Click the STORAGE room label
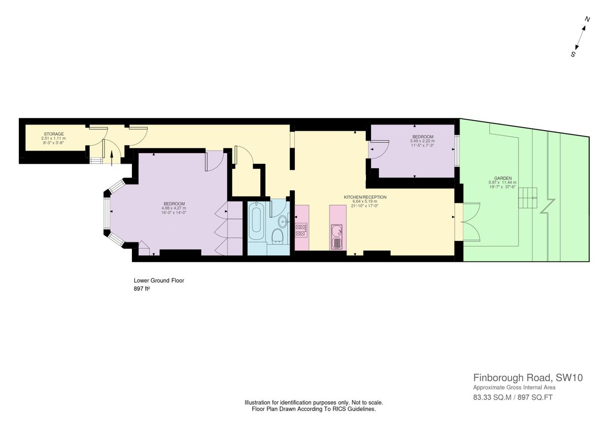coord(53,134)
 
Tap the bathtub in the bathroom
coord(256,223)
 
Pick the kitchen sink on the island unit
coord(337,237)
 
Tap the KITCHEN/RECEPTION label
coord(365,197)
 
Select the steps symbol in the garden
coord(527,198)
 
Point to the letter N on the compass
coord(587,19)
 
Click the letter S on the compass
coord(573,54)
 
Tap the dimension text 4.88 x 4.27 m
coord(174,208)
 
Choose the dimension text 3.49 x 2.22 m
coord(423,141)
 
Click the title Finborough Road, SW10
coord(528,378)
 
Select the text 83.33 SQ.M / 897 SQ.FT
coord(513,397)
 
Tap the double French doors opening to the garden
coord(471,222)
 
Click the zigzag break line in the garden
coord(548,206)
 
